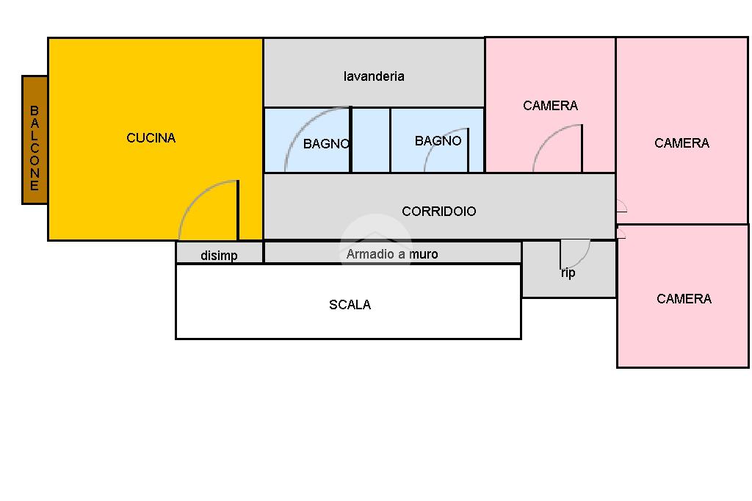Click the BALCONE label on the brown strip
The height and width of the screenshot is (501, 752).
(35, 148)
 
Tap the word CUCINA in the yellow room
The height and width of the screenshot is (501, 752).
(151, 138)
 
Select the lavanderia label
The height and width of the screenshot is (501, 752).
(374, 76)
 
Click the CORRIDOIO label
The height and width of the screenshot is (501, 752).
(439, 212)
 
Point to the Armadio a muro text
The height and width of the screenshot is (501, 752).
(392, 254)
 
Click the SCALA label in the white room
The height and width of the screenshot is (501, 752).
(350, 305)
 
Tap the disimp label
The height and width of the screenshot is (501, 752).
(219, 256)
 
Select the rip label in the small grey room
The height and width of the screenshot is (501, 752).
(568, 273)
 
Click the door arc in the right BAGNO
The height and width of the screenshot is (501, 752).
(437, 156)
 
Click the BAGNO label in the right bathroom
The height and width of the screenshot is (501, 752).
(438, 141)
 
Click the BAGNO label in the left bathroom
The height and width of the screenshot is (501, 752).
(326, 144)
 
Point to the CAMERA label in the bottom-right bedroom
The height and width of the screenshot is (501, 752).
(684, 299)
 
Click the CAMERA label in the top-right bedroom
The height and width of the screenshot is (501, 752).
(681, 143)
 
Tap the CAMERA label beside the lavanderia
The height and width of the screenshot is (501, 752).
(550, 106)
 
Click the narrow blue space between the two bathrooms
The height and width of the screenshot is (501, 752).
(371, 140)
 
